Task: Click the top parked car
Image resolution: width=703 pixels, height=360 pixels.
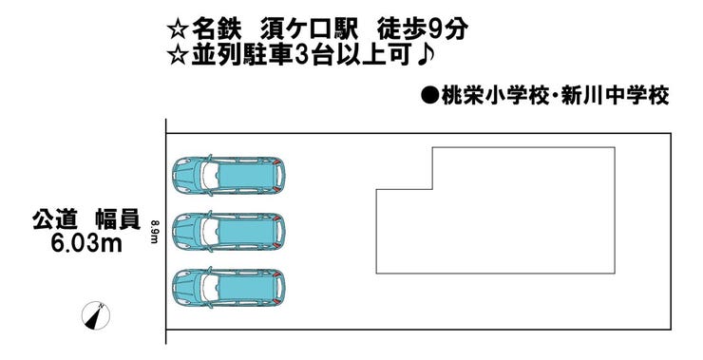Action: [228, 174]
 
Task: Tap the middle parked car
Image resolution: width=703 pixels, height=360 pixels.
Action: [228, 230]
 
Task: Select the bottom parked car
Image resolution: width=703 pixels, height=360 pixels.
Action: [228, 287]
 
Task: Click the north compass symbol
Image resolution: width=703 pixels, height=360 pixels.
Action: [98, 315]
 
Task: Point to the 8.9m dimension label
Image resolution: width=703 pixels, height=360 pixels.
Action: [154, 231]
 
